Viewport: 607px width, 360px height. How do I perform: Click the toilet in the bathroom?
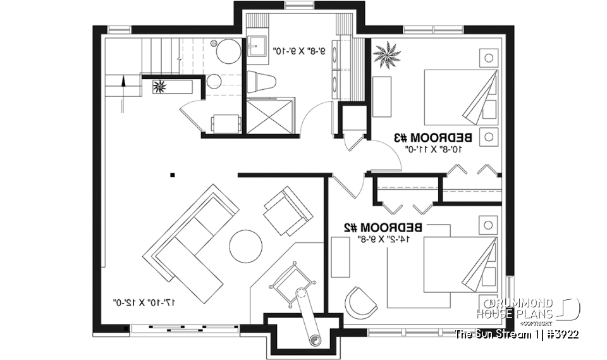pyautogui.click(x=262, y=82)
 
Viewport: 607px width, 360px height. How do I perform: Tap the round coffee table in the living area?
pyautogui.click(x=245, y=245)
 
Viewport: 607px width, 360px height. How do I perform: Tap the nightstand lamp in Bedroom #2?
pyautogui.click(x=488, y=225)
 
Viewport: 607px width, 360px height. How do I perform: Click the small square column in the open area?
pyautogui.click(x=172, y=175)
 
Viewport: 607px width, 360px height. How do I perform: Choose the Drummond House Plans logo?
pyautogui.click(x=534, y=309)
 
